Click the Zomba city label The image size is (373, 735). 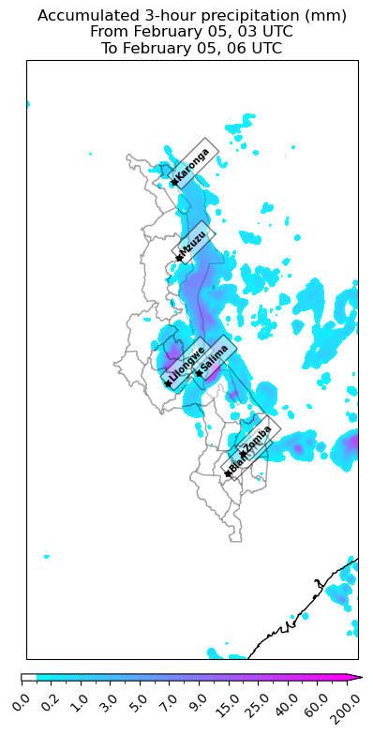pyautogui.click(x=257, y=438)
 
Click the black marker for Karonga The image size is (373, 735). pyautogui.click(x=174, y=182)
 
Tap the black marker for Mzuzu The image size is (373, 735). pyautogui.click(x=177, y=258)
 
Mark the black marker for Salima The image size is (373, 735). pyautogui.click(x=199, y=373)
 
